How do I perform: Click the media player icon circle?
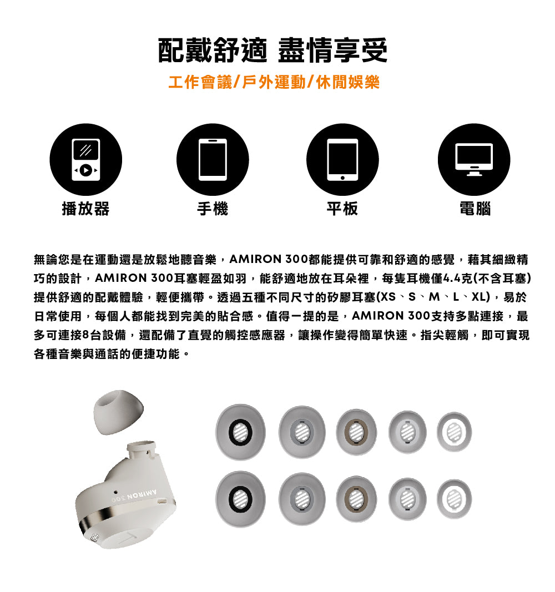tap(86, 159)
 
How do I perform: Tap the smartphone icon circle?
tap(213, 159)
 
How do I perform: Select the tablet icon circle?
tap(342, 159)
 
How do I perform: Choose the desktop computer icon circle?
tap(473, 159)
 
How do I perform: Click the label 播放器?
tap(85, 209)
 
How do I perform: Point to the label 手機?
tap(213, 209)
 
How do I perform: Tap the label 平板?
tap(342, 209)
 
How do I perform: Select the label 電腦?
tap(475, 209)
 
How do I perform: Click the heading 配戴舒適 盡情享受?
tap(273, 51)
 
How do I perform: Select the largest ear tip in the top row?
tap(240, 432)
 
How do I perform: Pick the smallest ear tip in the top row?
tap(454, 432)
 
